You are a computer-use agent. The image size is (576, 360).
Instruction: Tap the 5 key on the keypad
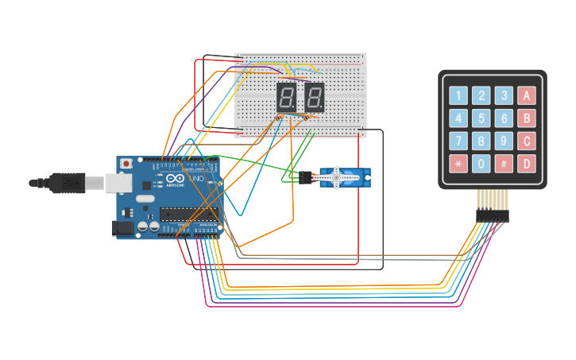point(481,119)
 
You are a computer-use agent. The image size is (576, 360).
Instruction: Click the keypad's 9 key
point(504,142)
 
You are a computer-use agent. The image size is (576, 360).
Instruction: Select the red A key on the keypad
point(527,96)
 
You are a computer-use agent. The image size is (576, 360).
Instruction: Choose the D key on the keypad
point(527,165)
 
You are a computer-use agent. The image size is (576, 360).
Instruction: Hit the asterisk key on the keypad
point(458,165)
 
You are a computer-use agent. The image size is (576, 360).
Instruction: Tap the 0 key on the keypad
point(481,165)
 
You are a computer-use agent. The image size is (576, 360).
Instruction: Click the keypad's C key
point(527,142)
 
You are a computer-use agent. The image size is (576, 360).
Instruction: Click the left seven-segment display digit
point(287,98)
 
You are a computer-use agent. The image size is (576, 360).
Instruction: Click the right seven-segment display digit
point(315,98)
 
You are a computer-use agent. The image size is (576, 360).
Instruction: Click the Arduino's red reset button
point(126,164)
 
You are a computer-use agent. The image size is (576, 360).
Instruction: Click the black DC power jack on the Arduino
point(122,228)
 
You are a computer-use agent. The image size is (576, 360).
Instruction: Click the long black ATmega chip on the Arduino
point(188,213)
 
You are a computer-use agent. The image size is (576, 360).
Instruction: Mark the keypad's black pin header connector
point(492,215)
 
